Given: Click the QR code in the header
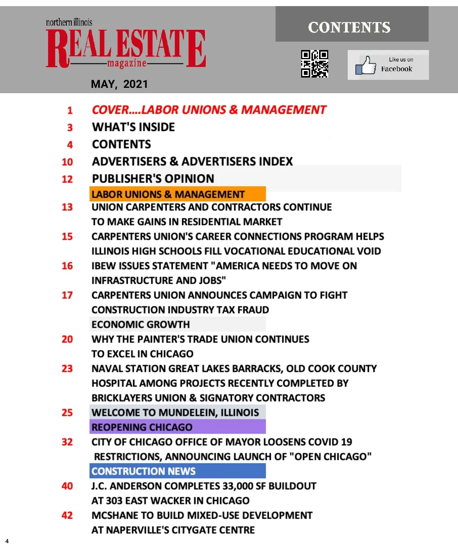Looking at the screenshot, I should [x=314, y=64].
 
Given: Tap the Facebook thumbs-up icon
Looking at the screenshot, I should [x=366, y=65].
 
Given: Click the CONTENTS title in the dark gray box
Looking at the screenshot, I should [x=349, y=27].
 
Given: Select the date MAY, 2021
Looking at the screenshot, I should [x=119, y=84].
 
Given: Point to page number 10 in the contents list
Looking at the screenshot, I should [x=67, y=162].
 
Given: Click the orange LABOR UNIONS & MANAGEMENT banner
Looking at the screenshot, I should [x=177, y=194].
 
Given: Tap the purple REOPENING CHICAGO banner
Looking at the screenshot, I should [x=177, y=427].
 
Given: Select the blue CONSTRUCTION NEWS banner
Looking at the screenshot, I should [x=177, y=471].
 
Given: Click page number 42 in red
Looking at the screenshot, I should [x=67, y=516].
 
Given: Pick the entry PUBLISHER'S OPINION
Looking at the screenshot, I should [x=153, y=179].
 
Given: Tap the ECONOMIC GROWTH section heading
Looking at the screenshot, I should [x=140, y=325].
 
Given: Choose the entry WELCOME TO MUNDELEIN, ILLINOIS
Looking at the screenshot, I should [x=175, y=412].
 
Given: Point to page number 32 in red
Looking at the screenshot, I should [x=67, y=442].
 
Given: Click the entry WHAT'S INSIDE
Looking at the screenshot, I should [x=134, y=127].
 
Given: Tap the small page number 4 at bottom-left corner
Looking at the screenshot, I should [x=7, y=541].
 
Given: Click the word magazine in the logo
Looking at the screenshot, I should [x=127, y=63].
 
